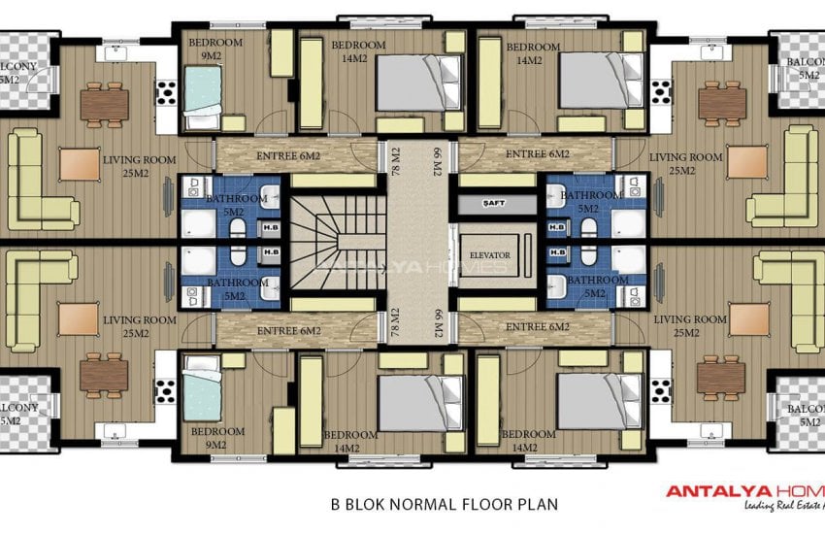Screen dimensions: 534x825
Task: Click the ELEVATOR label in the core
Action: pos(488,255)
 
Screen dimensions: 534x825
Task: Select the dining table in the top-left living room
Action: pos(104,100)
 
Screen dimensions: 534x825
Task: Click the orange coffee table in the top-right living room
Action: pos(746,162)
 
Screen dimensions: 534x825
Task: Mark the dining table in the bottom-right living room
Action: pos(721,375)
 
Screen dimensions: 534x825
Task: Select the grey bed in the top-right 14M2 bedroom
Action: pos(602,76)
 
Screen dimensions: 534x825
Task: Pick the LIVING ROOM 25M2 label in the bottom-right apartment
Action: pos(690,326)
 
